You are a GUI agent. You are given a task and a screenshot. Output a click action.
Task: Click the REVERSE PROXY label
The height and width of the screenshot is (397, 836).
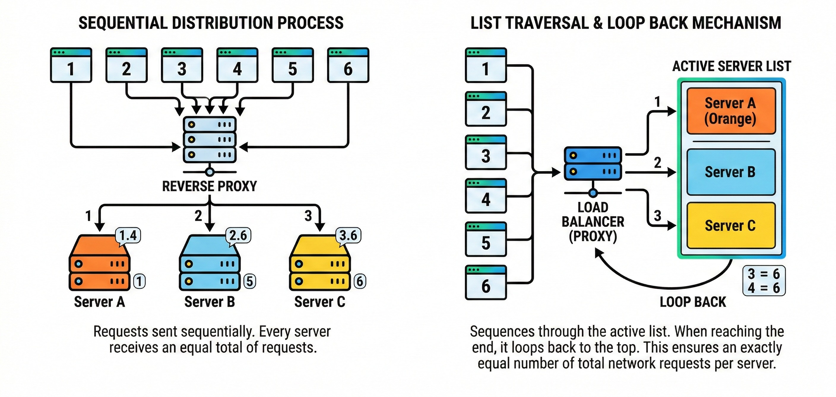click(209, 186)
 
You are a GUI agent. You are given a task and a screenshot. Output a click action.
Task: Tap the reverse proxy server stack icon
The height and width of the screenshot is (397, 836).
click(210, 140)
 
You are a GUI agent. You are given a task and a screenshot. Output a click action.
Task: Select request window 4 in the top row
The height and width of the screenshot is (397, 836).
click(237, 65)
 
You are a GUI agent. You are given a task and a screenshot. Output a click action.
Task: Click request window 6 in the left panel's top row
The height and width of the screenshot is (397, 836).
click(348, 65)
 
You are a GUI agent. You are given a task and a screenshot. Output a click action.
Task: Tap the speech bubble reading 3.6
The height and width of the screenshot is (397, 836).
click(348, 236)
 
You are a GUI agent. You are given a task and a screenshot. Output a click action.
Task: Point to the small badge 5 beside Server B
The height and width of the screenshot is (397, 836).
click(250, 281)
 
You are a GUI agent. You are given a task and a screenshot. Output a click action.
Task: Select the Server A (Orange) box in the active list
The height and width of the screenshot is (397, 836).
click(731, 111)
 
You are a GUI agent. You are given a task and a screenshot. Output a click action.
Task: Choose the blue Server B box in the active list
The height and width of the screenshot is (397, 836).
click(731, 172)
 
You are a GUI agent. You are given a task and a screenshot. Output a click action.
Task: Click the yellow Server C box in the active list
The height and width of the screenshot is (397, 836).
click(731, 226)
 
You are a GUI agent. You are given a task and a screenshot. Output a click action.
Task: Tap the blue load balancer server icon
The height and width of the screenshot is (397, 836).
click(593, 164)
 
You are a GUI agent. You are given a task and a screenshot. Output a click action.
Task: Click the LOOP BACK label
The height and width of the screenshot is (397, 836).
click(693, 302)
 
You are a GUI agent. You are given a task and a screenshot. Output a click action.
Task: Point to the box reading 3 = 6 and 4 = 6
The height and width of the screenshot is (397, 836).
click(764, 281)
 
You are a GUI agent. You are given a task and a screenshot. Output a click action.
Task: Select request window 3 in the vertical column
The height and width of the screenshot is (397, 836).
click(486, 152)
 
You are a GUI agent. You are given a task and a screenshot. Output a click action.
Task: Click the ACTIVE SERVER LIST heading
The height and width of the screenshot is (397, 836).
click(731, 66)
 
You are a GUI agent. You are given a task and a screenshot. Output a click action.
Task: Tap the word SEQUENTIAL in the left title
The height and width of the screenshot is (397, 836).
click(123, 23)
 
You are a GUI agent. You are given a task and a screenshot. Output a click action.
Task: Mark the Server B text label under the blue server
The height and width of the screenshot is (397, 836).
click(210, 302)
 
